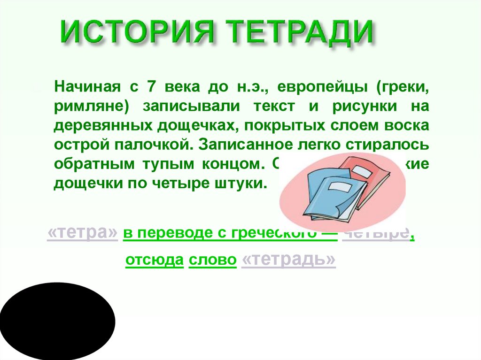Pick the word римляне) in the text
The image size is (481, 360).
coord(91,107)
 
